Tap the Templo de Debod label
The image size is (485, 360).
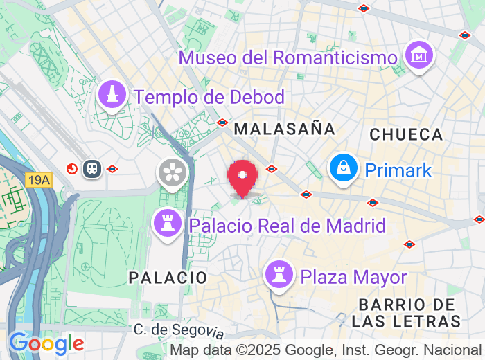click(x=210, y=97)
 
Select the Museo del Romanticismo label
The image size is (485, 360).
click(x=288, y=57)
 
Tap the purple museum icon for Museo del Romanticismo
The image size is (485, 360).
click(x=419, y=54)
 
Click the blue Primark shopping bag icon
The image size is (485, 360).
click(x=342, y=168)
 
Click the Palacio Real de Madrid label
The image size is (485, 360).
click(x=287, y=226)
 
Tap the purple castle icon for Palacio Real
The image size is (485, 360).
click(x=167, y=224)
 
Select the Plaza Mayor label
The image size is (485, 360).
click(x=353, y=277)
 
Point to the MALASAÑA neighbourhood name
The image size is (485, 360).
click(x=284, y=129)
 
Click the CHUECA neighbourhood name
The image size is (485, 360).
click(x=406, y=134)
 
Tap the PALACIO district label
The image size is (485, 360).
click(x=168, y=278)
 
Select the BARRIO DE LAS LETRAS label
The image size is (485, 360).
click(x=406, y=313)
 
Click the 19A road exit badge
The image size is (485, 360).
click(x=39, y=180)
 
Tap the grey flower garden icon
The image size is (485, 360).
click(x=173, y=172)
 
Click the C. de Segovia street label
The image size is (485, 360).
click(x=179, y=331)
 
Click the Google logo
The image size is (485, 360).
click(x=46, y=343)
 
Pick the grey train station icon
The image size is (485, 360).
click(x=91, y=168)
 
